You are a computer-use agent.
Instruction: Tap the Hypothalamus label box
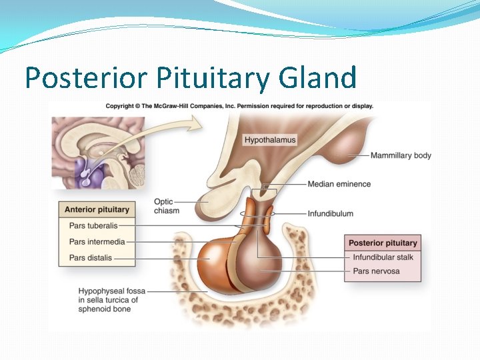269,140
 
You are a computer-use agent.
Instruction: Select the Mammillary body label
401,155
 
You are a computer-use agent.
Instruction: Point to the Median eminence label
339,184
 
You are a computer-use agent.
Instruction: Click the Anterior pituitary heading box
97,209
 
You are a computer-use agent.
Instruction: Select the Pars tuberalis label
93,226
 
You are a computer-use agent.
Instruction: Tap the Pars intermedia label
97,241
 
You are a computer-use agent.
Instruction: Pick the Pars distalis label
91,257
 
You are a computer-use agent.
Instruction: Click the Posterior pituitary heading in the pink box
383,243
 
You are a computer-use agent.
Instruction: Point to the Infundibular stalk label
383,257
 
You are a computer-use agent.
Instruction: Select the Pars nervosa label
376,271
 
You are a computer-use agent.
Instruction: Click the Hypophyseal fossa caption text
111,300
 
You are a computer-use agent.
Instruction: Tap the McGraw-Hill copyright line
239,105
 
